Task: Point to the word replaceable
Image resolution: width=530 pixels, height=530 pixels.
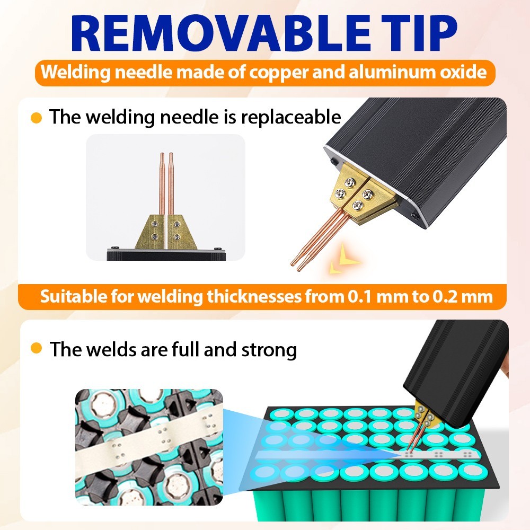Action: (x=291, y=118)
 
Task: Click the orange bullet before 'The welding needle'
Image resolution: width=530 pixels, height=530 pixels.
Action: (x=36, y=118)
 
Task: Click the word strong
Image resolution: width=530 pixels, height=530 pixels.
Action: (x=269, y=350)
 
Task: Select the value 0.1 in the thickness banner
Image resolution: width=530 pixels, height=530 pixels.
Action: (x=360, y=297)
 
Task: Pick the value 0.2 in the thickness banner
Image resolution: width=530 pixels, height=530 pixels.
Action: (x=446, y=297)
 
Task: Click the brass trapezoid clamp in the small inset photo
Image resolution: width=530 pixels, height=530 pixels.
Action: (x=165, y=232)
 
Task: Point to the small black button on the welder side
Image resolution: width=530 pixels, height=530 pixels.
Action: (x=334, y=162)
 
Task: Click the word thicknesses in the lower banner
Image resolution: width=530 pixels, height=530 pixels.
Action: (x=254, y=296)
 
